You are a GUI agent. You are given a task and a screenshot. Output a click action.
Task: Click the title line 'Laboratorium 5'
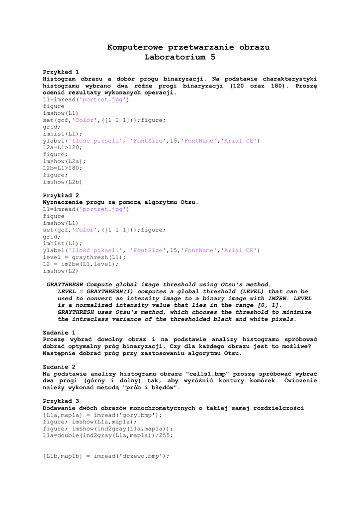click(x=180, y=57)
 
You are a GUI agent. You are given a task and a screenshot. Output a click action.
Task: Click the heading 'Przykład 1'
click(x=61, y=72)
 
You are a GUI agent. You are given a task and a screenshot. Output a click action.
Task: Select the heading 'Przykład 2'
click(x=61, y=195)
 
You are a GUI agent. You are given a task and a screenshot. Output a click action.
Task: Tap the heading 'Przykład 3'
click(x=61, y=401)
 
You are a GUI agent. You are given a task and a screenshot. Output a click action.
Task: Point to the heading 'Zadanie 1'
click(x=59, y=332)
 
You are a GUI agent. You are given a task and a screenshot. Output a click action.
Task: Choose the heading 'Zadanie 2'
click(x=59, y=366)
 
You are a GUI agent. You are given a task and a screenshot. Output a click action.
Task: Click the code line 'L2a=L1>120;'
click(x=63, y=148)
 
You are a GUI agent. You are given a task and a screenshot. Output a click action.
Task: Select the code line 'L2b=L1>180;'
click(x=63, y=168)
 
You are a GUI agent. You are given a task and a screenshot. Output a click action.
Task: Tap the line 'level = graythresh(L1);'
click(x=85, y=257)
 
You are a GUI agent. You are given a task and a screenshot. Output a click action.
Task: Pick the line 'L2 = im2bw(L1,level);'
click(x=81, y=264)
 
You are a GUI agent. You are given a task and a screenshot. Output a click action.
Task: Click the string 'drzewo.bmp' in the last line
click(x=143, y=456)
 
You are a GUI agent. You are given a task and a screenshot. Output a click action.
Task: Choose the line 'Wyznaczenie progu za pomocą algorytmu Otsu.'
click(x=121, y=202)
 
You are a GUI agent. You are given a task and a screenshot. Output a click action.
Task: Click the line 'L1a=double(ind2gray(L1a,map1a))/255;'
click(x=108, y=435)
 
